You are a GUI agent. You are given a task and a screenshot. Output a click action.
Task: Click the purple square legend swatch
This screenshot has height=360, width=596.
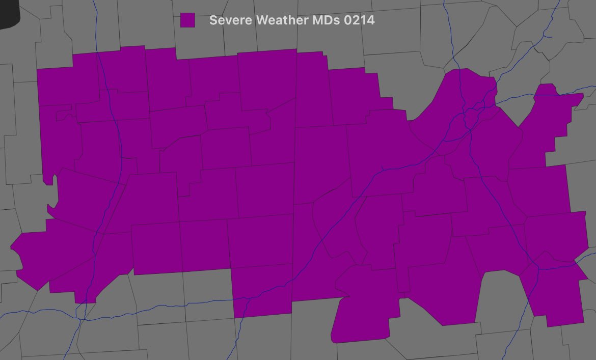point(187,20)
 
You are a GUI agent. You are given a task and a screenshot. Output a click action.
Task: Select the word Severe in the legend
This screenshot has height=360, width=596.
point(231,20)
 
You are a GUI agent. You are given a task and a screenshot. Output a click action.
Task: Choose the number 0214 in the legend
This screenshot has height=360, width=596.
point(359,20)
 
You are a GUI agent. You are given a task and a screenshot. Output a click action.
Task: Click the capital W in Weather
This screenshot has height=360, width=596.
point(262,20)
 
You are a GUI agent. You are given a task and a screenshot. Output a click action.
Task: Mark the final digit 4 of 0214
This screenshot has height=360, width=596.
point(371,20)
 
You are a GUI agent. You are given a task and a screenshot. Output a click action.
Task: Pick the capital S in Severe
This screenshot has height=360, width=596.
point(213,20)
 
